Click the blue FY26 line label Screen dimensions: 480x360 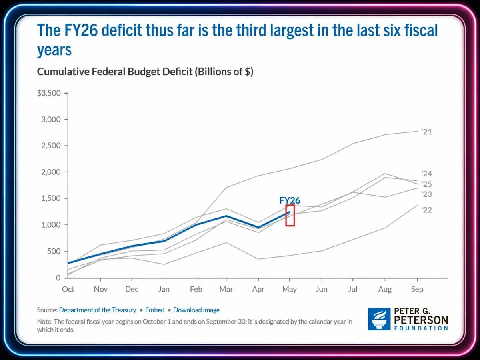290,200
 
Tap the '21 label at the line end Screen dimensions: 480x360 427,132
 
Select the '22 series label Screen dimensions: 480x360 427,210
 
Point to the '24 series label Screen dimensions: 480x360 427,174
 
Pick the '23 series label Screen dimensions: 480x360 427,194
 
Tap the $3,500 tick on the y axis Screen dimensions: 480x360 49,93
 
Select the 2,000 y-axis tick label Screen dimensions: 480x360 51,172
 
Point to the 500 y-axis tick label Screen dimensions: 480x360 54,251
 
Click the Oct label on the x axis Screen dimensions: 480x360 68,289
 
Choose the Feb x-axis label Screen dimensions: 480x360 196,289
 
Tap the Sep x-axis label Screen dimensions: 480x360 417,289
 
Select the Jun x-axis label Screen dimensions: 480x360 322,289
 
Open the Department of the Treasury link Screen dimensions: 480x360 98,310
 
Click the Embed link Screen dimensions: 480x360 155,310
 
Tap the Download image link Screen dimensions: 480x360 196,310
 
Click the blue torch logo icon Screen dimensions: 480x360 379,319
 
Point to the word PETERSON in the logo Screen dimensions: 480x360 421,320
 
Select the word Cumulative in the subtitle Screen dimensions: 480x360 63,72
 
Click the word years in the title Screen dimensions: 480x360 54,50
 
